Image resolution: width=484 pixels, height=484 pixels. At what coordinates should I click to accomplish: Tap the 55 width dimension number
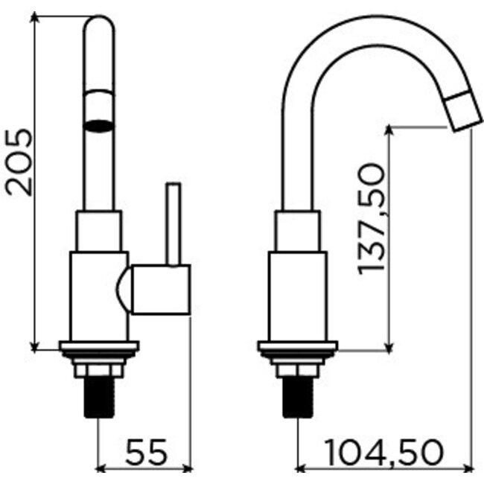click(145, 451)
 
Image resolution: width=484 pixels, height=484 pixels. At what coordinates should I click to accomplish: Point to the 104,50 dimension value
click(384, 451)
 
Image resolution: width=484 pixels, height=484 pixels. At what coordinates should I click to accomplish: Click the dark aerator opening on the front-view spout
click(99, 124)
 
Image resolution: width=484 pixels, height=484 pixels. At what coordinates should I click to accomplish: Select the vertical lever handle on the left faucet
click(173, 223)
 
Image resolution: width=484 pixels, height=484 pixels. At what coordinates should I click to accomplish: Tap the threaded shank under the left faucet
click(99, 399)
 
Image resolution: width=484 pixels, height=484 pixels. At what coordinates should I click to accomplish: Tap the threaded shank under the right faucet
click(298, 399)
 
